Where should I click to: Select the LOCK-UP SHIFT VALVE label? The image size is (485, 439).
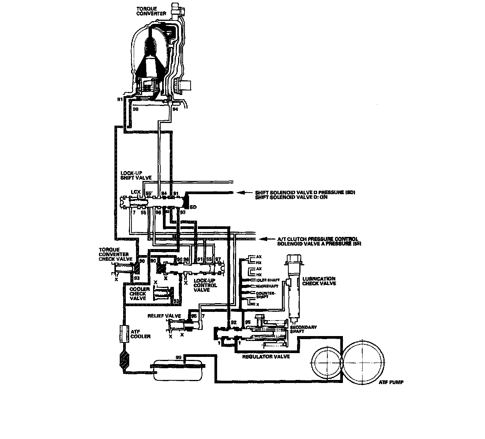click(x=131, y=174)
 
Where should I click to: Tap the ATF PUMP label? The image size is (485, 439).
click(x=390, y=382)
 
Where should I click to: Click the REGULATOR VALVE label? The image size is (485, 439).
click(x=266, y=356)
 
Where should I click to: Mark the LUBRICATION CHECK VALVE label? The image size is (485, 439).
click(x=319, y=281)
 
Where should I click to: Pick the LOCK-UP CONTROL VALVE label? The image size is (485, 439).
click(x=205, y=285)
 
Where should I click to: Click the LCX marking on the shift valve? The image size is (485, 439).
click(x=136, y=192)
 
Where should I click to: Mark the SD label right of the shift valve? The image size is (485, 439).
click(x=193, y=207)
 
